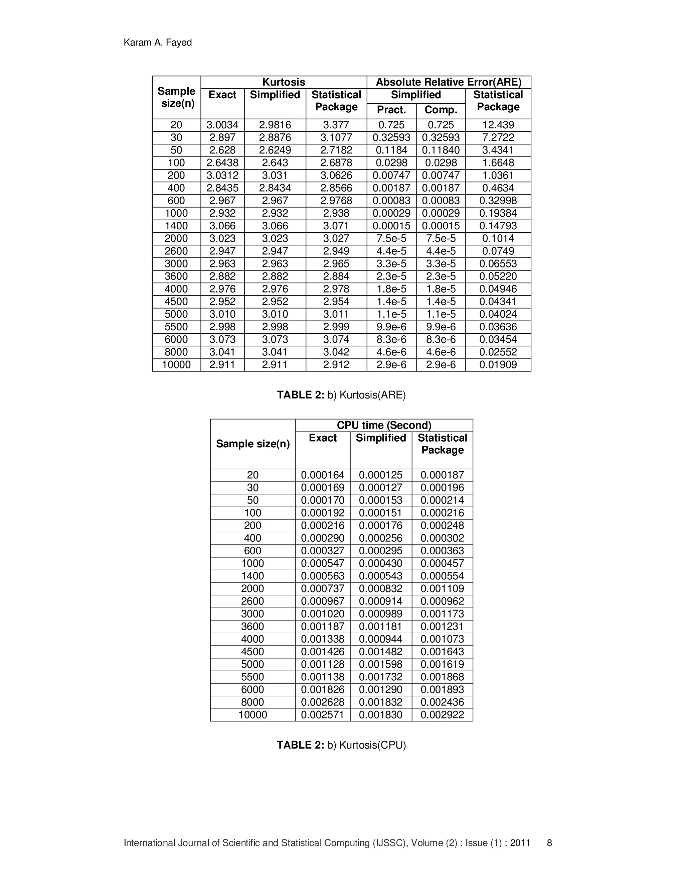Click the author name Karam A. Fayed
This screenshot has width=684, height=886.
pyautogui.click(x=158, y=42)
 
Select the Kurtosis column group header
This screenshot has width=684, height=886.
pyautogui.click(x=284, y=82)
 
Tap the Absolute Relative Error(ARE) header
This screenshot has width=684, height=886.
pyautogui.click(x=449, y=82)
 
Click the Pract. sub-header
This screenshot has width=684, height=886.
pyautogui.click(x=391, y=110)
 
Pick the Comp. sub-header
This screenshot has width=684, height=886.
pyautogui.click(x=441, y=110)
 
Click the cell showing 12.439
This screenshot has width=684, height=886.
pyautogui.click(x=498, y=125)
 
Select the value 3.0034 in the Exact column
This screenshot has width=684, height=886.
pyautogui.click(x=222, y=125)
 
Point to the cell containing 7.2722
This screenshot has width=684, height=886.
pyautogui.click(x=498, y=137)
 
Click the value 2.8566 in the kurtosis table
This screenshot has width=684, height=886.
pyautogui.click(x=336, y=188)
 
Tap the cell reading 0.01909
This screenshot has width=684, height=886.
pyautogui.click(x=498, y=365)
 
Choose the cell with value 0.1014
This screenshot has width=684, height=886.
pyautogui.click(x=498, y=238)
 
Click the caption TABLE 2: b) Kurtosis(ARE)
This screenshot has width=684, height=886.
pyautogui.click(x=341, y=395)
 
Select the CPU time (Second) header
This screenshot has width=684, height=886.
pyautogui.click(x=384, y=425)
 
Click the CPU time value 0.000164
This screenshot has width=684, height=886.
pyautogui.click(x=323, y=475)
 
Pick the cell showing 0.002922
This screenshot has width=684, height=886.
pyautogui.click(x=442, y=715)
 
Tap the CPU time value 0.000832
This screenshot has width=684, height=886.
pyautogui.click(x=380, y=589)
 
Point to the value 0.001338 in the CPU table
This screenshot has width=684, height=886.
pyautogui.click(x=323, y=639)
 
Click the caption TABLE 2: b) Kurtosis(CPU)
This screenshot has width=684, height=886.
pyautogui.click(x=341, y=745)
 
